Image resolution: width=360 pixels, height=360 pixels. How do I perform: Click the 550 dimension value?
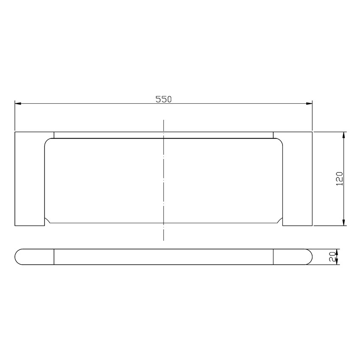coord(163,99)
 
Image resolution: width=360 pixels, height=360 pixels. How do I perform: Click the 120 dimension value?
coord(339,179)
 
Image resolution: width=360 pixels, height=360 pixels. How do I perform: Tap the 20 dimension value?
coord(332,256)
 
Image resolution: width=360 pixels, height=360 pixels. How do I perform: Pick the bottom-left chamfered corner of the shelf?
coord(48,222)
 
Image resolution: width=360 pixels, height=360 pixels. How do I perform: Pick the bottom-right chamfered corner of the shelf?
coord(280,222)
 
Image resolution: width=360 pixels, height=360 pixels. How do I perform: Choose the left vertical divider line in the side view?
coord(54,257)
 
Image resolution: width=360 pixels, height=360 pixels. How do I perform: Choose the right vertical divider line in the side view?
coord(273,257)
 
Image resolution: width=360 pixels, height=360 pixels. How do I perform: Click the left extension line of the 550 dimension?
coord(15,116)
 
